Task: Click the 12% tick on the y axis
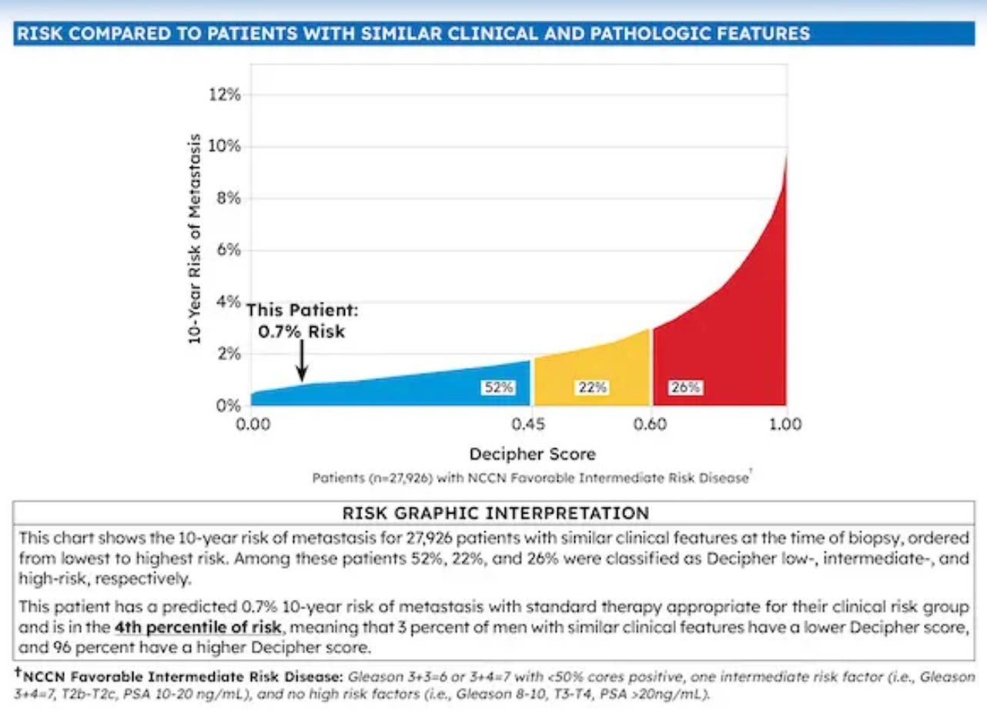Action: coord(224,95)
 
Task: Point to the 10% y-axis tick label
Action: coord(224,146)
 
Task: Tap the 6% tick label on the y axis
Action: coord(227,250)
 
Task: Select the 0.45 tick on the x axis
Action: coord(530,424)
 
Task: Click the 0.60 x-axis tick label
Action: coord(651,424)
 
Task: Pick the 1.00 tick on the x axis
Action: coord(785,424)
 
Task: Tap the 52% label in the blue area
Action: coord(498,387)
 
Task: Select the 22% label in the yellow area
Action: coord(592,387)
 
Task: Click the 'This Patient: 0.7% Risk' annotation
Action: coord(302,321)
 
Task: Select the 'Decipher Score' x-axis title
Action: coord(532,454)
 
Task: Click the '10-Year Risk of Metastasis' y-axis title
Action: coord(196,238)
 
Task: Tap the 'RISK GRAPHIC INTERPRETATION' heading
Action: coord(495,513)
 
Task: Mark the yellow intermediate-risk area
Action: coord(593,370)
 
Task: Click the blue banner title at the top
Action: coord(413,34)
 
